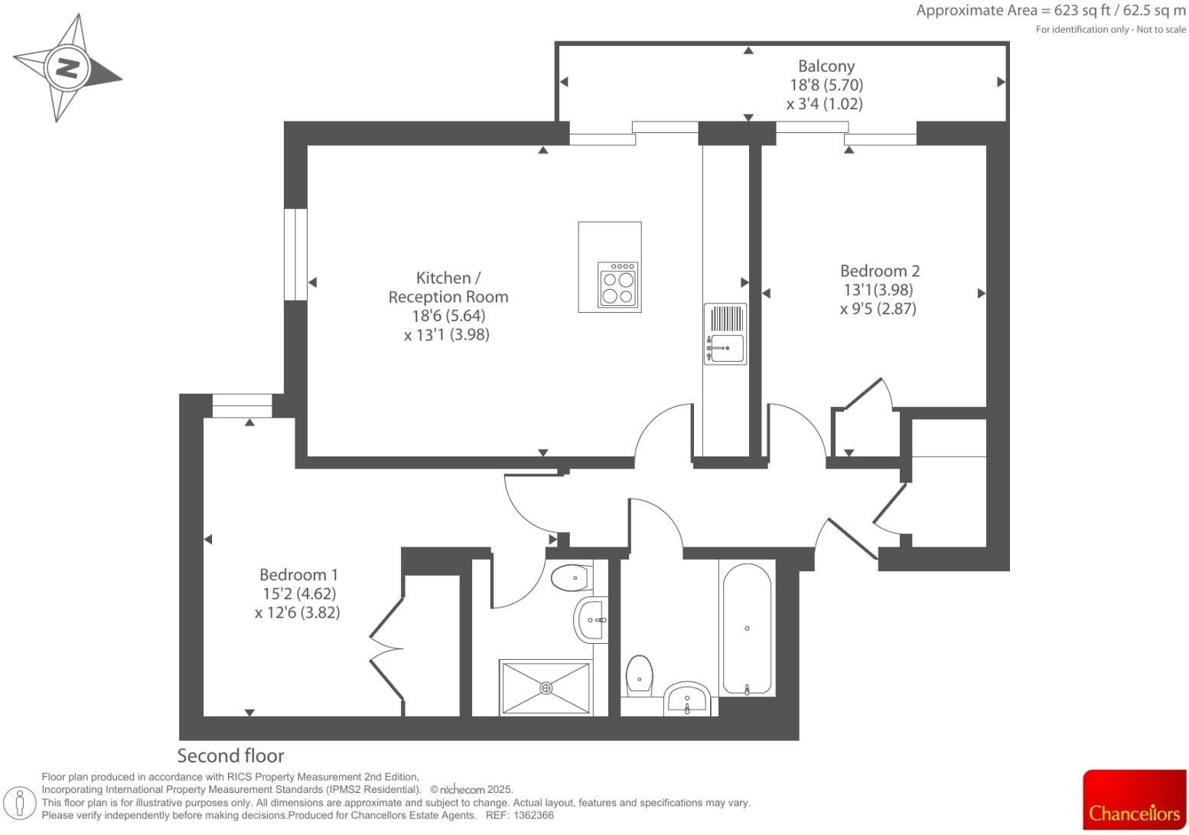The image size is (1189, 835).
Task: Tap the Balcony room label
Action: tap(826, 67)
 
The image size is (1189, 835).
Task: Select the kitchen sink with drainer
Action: tap(725, 333)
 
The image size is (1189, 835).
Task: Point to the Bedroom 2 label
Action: tap(879, 271)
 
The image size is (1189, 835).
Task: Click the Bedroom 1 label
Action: tap(298, 574)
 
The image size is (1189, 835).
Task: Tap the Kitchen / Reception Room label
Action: tap(448, 288)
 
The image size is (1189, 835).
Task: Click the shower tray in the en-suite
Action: tap(546, 687)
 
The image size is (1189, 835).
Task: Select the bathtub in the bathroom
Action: tap(747, 629)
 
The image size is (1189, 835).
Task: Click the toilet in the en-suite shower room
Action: tap(571, 577)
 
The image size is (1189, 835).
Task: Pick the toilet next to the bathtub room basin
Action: tap(639, 675)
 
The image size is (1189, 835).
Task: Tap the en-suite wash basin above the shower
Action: tap(590, 619)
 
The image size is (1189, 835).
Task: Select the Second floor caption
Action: tap(230, 755)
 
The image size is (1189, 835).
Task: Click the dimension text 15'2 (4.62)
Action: tap(298, 593)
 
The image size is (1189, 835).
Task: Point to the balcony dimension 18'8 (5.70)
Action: tap(826, 85)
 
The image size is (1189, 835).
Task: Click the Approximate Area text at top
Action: tap(1051, 11)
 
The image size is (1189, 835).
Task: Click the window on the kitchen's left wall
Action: tap(295, 254)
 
